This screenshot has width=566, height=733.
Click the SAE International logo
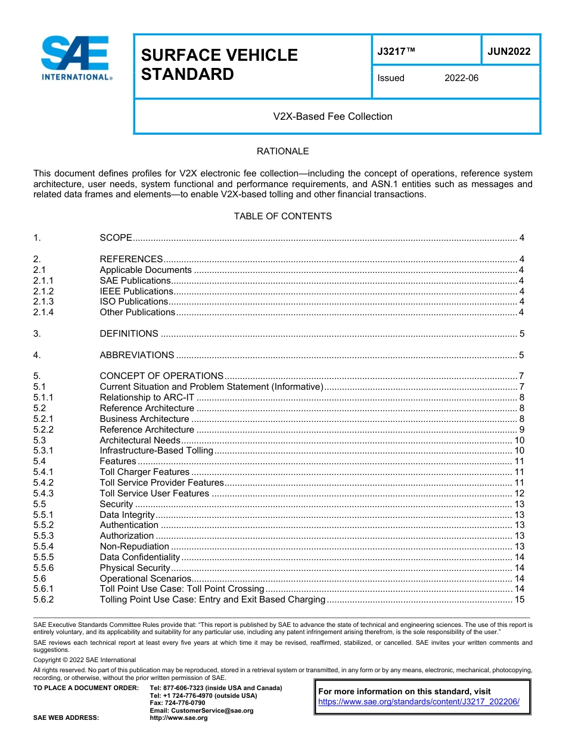coord(76,58)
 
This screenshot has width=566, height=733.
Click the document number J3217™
coord(396,52)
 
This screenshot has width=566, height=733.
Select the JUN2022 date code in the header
coord(509,52)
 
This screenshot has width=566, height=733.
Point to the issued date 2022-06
coord(461,78)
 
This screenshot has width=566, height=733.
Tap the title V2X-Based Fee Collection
coord(332,117)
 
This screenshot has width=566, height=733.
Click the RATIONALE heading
coord(282,151)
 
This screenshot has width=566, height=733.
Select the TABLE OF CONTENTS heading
coord(282,216)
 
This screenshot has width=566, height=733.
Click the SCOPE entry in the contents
coord(116,238)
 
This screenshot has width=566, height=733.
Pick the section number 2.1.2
coord(43,291)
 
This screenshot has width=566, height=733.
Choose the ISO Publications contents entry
coord(134,302)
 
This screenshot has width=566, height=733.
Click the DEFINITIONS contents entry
coord(129,334)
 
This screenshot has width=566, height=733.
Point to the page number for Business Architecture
coord(521,419)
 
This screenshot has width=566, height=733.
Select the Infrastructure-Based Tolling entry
coord(156,451)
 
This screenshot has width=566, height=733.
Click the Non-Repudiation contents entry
coord(134,546)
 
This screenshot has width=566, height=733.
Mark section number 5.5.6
coord(43,568)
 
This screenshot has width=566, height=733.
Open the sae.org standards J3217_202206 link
coord(419,702)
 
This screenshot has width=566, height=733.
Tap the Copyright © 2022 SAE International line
coord(85,660)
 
